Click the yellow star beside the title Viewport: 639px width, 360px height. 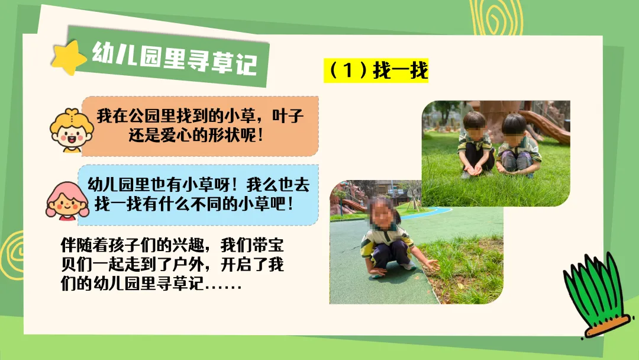(69, 58)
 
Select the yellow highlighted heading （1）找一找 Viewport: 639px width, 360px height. (376, 70)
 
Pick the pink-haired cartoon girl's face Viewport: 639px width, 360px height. (67, 201)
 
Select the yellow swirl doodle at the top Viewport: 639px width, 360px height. (496, 17)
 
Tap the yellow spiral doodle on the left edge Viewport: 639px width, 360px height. (12, 255)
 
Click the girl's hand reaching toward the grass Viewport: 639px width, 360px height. (430, 265)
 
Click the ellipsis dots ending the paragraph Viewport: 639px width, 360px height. (224, 287)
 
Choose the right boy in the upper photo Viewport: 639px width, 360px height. (517, 146)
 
